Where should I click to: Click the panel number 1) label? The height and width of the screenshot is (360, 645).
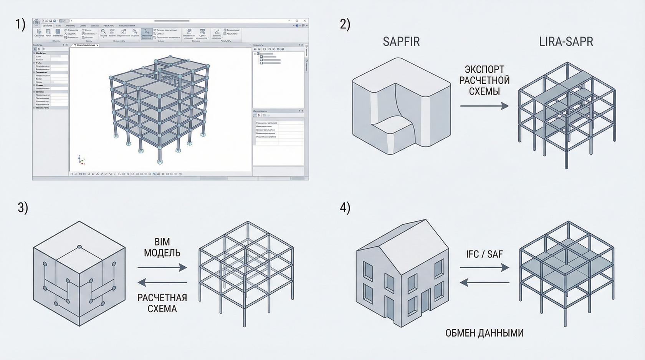point(20,25)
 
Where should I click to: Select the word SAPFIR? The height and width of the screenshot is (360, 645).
point(401,41)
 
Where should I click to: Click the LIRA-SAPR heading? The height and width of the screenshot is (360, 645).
point(566,41)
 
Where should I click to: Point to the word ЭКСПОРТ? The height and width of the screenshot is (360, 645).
point(485,70)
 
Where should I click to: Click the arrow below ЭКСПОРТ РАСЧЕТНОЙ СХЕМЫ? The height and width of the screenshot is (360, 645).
point(485,106)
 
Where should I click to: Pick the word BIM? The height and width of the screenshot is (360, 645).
point(162,242)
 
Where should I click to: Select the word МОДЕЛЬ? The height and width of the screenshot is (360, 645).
point(162,253)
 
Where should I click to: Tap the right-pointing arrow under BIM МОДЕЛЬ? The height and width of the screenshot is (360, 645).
point(162,268)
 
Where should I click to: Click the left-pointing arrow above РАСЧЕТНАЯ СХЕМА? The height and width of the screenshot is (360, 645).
point(162,283)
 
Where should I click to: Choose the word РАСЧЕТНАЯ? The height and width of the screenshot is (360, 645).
point(162,298)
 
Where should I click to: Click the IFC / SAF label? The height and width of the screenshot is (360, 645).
point(485,254)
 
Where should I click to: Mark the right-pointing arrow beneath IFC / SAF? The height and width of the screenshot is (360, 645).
point(485,268)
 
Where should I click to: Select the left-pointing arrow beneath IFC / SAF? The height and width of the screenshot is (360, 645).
point(485,283)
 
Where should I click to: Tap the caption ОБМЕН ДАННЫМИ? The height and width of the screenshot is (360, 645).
point(485,333)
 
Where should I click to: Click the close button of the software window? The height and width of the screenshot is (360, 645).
point(305,21)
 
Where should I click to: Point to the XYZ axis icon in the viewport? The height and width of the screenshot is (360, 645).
point(81,160)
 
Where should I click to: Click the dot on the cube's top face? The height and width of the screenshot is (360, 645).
point(79,247)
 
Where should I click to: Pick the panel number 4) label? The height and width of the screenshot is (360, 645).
point(345,208)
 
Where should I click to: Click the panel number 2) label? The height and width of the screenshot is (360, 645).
point(345,25)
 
